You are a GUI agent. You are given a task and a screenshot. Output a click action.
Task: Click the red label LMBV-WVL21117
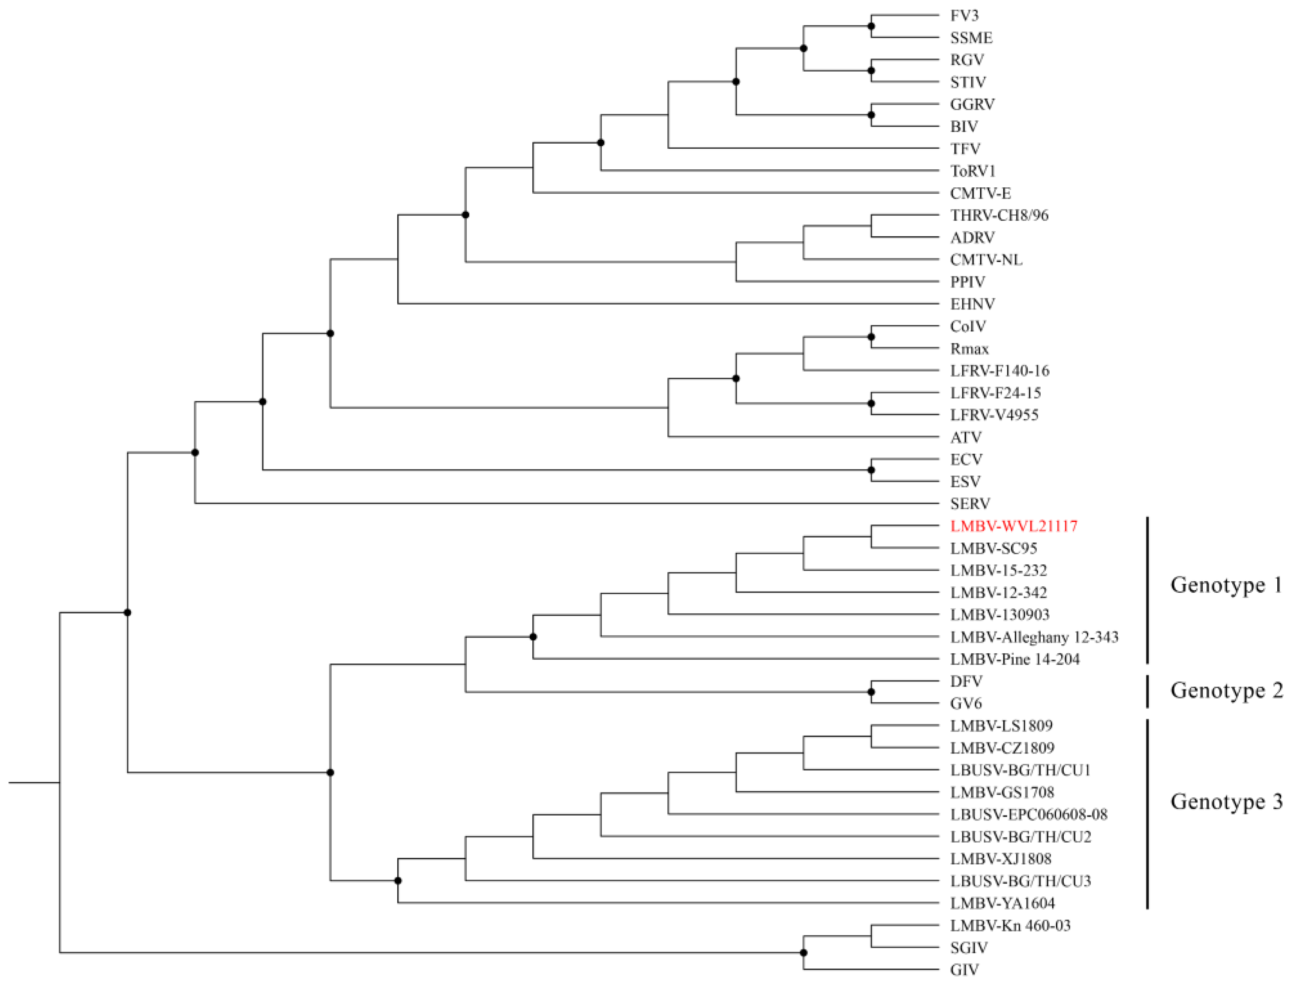click(x=1014, y=526)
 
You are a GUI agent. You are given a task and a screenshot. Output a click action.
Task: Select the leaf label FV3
click(x=964, y=15)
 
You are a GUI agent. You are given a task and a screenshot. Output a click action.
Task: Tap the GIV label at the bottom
click(x=964, y=970)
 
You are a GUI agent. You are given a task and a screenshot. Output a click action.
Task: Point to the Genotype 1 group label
click(x=1226, y=585)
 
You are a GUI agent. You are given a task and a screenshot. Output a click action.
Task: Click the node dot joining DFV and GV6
click(x=871, y=692)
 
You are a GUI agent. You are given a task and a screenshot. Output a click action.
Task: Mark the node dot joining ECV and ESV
click(x=871, y=470)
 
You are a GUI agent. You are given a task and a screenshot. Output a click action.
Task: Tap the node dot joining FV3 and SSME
click(x=871, y=27)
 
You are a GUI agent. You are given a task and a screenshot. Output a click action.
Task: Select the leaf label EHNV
click(x=972, y=304)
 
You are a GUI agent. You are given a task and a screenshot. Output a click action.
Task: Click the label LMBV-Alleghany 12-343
click(x=1034, y=637)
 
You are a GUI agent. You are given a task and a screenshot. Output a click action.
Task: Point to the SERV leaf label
click(x=970, y=504)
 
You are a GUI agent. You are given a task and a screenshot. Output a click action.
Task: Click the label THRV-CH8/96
click(x=999, y=215)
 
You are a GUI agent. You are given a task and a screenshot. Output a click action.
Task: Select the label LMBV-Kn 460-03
click(x=1010, y=925)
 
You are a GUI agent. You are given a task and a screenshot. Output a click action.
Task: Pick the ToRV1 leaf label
click(x=973, y=171)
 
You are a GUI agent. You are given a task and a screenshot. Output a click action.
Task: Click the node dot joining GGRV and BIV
click(x=871, y=115)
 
